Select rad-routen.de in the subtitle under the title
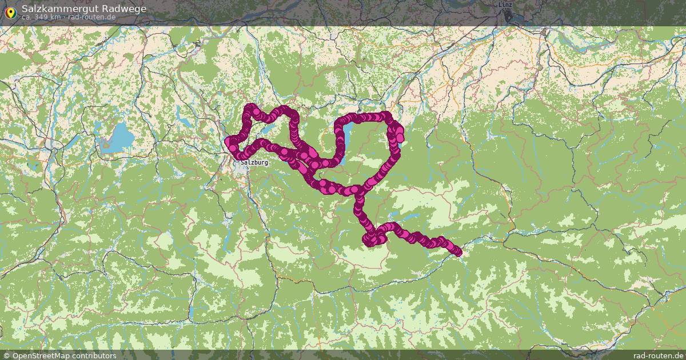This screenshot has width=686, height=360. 92,17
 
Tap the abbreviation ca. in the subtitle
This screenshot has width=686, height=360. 27,17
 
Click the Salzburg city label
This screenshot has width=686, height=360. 254,162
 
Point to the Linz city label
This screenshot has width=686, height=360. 505,5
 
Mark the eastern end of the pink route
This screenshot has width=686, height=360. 457,252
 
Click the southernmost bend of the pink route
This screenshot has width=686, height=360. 369,243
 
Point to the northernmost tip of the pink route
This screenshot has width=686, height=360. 250,106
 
